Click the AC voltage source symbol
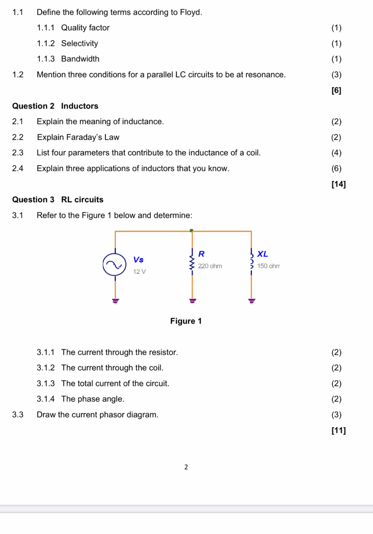115,264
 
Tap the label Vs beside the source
138,259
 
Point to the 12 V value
139,272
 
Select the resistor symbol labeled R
192,261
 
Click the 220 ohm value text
210,266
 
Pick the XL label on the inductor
262,254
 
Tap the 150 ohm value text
269,266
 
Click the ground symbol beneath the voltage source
115,300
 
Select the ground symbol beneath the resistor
192,300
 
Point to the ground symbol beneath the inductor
252,300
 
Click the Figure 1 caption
186,321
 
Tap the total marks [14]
338,184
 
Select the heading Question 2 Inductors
55,106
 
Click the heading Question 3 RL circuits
57,199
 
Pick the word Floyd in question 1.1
190,11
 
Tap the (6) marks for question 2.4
336,168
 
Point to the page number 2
186,467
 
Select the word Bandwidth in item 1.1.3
80,58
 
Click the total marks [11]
338,430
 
